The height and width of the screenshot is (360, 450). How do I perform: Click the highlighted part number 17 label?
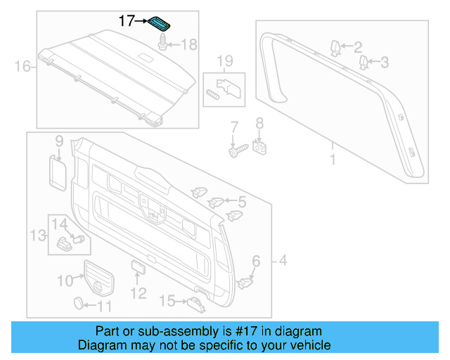(x=126, y=21)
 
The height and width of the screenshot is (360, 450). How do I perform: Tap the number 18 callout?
(x=190, y=45)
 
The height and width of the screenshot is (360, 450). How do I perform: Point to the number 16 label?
(x=23, y=67)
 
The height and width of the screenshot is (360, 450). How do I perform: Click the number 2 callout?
(x=357, y=47)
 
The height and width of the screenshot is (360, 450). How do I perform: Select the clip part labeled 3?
(x=364, y=63)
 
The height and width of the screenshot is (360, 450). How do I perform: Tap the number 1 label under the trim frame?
(x=333, y=160)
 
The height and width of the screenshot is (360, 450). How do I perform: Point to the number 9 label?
(x=59, y=141)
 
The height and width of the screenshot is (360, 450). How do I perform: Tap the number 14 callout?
(x=59, y=224)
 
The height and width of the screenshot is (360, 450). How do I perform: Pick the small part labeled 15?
(x=195, y=303)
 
